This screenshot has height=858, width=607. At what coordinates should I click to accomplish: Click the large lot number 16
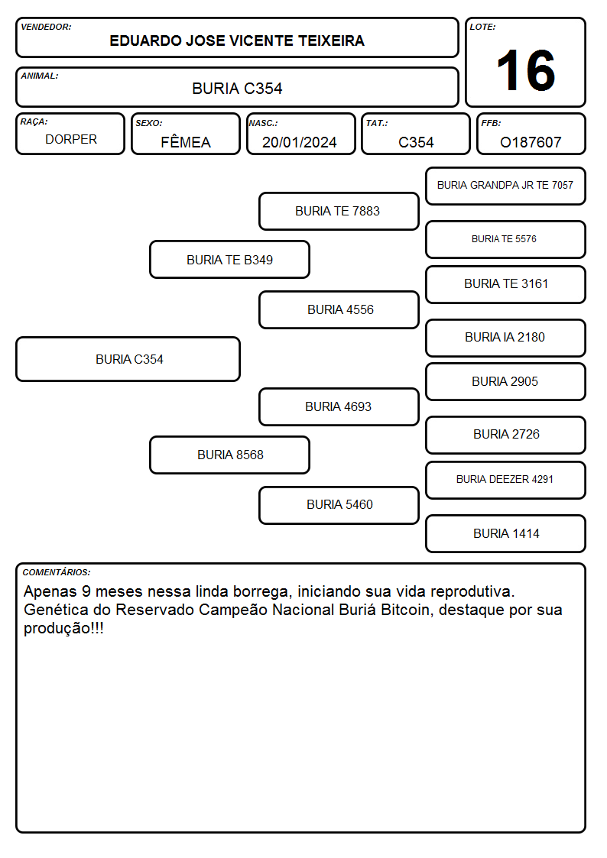point(525,70)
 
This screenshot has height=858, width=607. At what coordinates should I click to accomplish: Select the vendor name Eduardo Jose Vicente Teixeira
point(237,40)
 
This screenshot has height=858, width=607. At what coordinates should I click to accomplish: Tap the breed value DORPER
point(71,140)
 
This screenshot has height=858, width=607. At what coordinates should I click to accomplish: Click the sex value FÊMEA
point(186,141)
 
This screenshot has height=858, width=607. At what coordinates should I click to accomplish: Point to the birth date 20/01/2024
point(300,142)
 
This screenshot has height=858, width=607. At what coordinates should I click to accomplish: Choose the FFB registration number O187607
point(531,142)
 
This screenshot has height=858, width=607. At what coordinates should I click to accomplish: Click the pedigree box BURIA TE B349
point(230,259)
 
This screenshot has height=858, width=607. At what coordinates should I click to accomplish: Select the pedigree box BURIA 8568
point(230,455)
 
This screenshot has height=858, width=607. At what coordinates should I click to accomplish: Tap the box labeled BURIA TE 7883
point(339,211)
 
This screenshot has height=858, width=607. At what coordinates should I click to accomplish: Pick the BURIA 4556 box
point(339,309)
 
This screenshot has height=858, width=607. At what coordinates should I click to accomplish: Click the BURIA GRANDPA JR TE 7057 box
point(506,186)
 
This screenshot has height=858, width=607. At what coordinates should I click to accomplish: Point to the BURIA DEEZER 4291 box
point(506,480)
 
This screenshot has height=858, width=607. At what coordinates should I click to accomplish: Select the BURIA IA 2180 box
point(506,338)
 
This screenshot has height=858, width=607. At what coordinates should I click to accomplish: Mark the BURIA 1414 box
point(506,533)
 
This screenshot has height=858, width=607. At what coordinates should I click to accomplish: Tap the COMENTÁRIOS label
point(57,572)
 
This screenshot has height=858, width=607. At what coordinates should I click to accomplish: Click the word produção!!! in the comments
point(63,628)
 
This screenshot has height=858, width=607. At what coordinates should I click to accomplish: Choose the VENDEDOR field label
point(46,27)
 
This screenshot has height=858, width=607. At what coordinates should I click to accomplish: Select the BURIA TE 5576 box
point(506,239)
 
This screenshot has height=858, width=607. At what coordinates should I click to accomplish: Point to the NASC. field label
point(263,123)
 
